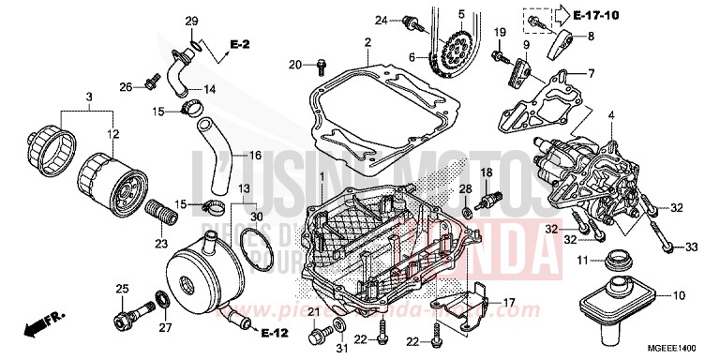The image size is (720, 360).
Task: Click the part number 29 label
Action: (191, 22)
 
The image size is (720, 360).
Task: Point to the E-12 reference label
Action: (274, 333)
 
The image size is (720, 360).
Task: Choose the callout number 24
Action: (382, 20)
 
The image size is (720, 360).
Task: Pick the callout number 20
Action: (294, 65)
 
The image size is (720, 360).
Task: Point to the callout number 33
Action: (693, 247)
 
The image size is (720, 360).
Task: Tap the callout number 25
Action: (121, 288)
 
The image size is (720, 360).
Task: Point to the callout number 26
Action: (125, 87)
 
